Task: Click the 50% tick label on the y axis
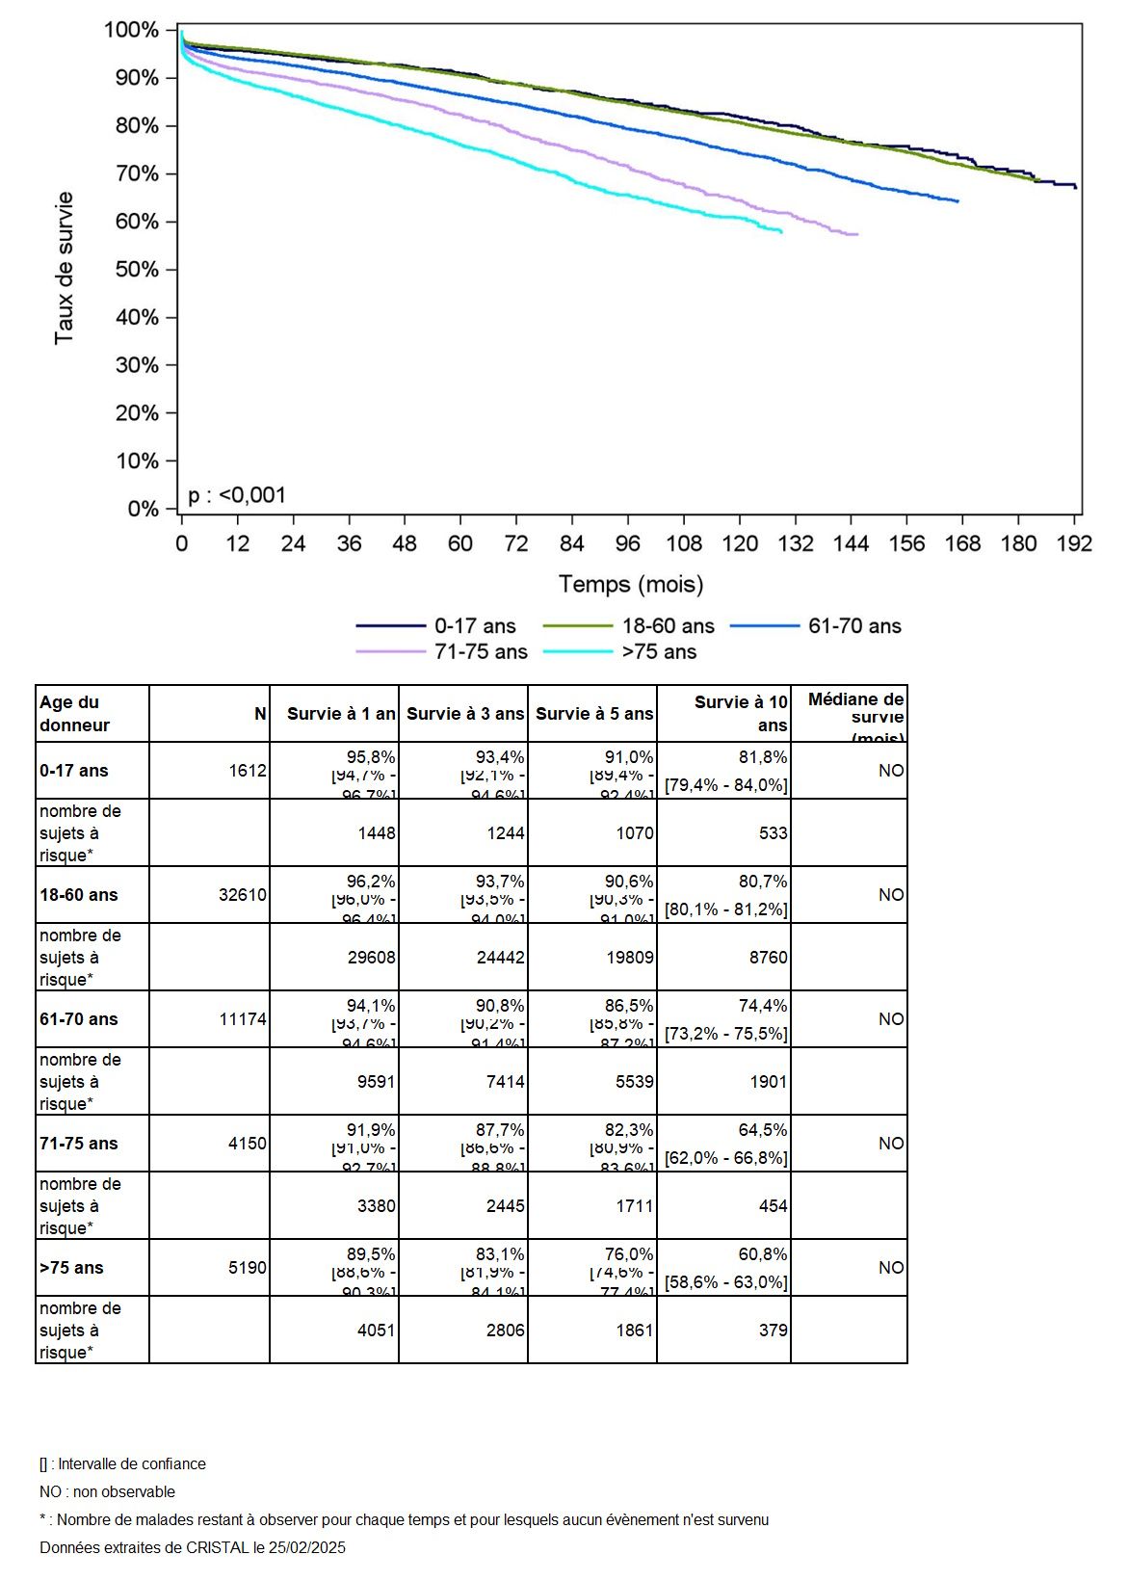(137, 270)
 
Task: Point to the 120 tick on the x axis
(740, 544)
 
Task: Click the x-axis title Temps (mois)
(631, 584)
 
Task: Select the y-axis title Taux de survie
(64, 269)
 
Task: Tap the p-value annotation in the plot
(237, 495)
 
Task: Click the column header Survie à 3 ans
(465, 714)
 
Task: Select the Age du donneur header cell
(75, 714)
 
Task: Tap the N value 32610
(243, 895)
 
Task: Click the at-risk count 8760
(769, 958)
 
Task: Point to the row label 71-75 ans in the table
(79, 1144)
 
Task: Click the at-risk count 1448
(377, 833)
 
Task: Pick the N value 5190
(248, 1268)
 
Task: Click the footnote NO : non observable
(108, 1492)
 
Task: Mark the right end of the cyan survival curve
(781, 232)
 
